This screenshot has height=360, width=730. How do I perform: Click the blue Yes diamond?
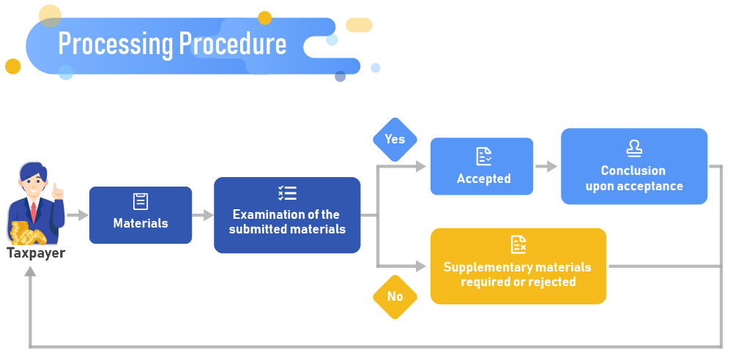click(395, 139)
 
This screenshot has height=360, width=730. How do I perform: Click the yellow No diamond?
click(395, 296)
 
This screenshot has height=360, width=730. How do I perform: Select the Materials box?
click(141, 215)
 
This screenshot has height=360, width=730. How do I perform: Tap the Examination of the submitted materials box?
click(287, 215)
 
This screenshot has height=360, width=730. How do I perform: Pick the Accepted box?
click(482, 166)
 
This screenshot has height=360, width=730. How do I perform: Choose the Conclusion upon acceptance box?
click(634, 166)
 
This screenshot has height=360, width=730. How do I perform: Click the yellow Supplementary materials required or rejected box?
click(518, 266)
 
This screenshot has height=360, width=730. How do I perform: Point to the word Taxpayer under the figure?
click(36, 254)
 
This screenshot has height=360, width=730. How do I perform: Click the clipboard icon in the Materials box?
click(141, 201)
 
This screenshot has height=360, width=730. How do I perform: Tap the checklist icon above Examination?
click(287, 193)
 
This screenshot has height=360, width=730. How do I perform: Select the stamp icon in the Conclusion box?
click(634, 149)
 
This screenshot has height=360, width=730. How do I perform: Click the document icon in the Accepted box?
click(483, 156)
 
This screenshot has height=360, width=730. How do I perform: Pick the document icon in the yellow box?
click(518, 244)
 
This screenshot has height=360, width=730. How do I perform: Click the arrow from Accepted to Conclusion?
click(546, 167)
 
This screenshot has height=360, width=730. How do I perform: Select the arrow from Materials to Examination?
click(203, 216)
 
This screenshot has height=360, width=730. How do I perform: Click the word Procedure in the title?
click(233, 45)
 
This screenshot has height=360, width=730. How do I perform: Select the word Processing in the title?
click(115, 45)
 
